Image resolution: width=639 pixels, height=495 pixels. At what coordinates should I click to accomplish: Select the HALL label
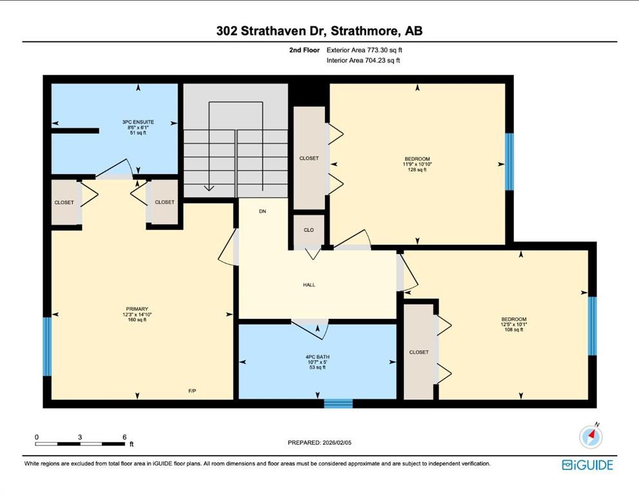pos(309,285)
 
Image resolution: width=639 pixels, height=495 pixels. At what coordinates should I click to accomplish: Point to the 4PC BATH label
pos(317,356)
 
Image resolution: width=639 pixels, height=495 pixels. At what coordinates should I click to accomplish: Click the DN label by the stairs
pos(262,211)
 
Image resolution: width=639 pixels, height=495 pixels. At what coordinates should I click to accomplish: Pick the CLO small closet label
pos(309,229)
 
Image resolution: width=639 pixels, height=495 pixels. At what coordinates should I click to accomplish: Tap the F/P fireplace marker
pos(192,391)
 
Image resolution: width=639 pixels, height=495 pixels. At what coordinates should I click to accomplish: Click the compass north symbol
pos(591,437)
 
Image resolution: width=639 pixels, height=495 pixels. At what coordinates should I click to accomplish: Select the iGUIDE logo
pos(587,465)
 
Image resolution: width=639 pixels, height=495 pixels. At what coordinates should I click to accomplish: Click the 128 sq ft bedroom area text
pos(417,170)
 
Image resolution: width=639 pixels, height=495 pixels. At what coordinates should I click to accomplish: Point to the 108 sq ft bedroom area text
pos(514,330)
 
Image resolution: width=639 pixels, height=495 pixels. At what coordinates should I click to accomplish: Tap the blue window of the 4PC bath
pos(338,404)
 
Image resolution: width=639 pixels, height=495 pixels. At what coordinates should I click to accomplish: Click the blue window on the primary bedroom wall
pos(46,346)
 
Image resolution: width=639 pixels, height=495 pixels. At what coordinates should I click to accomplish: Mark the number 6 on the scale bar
pos(124,437)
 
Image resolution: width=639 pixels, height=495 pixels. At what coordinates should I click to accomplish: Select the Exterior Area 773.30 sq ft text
pos(366,50)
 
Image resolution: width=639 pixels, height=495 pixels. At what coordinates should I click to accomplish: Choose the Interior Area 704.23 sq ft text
pos(364,61)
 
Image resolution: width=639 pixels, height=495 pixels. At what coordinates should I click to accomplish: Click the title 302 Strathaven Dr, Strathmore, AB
pos(320,30)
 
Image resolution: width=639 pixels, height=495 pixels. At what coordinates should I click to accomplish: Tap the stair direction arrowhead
pos(209,188)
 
